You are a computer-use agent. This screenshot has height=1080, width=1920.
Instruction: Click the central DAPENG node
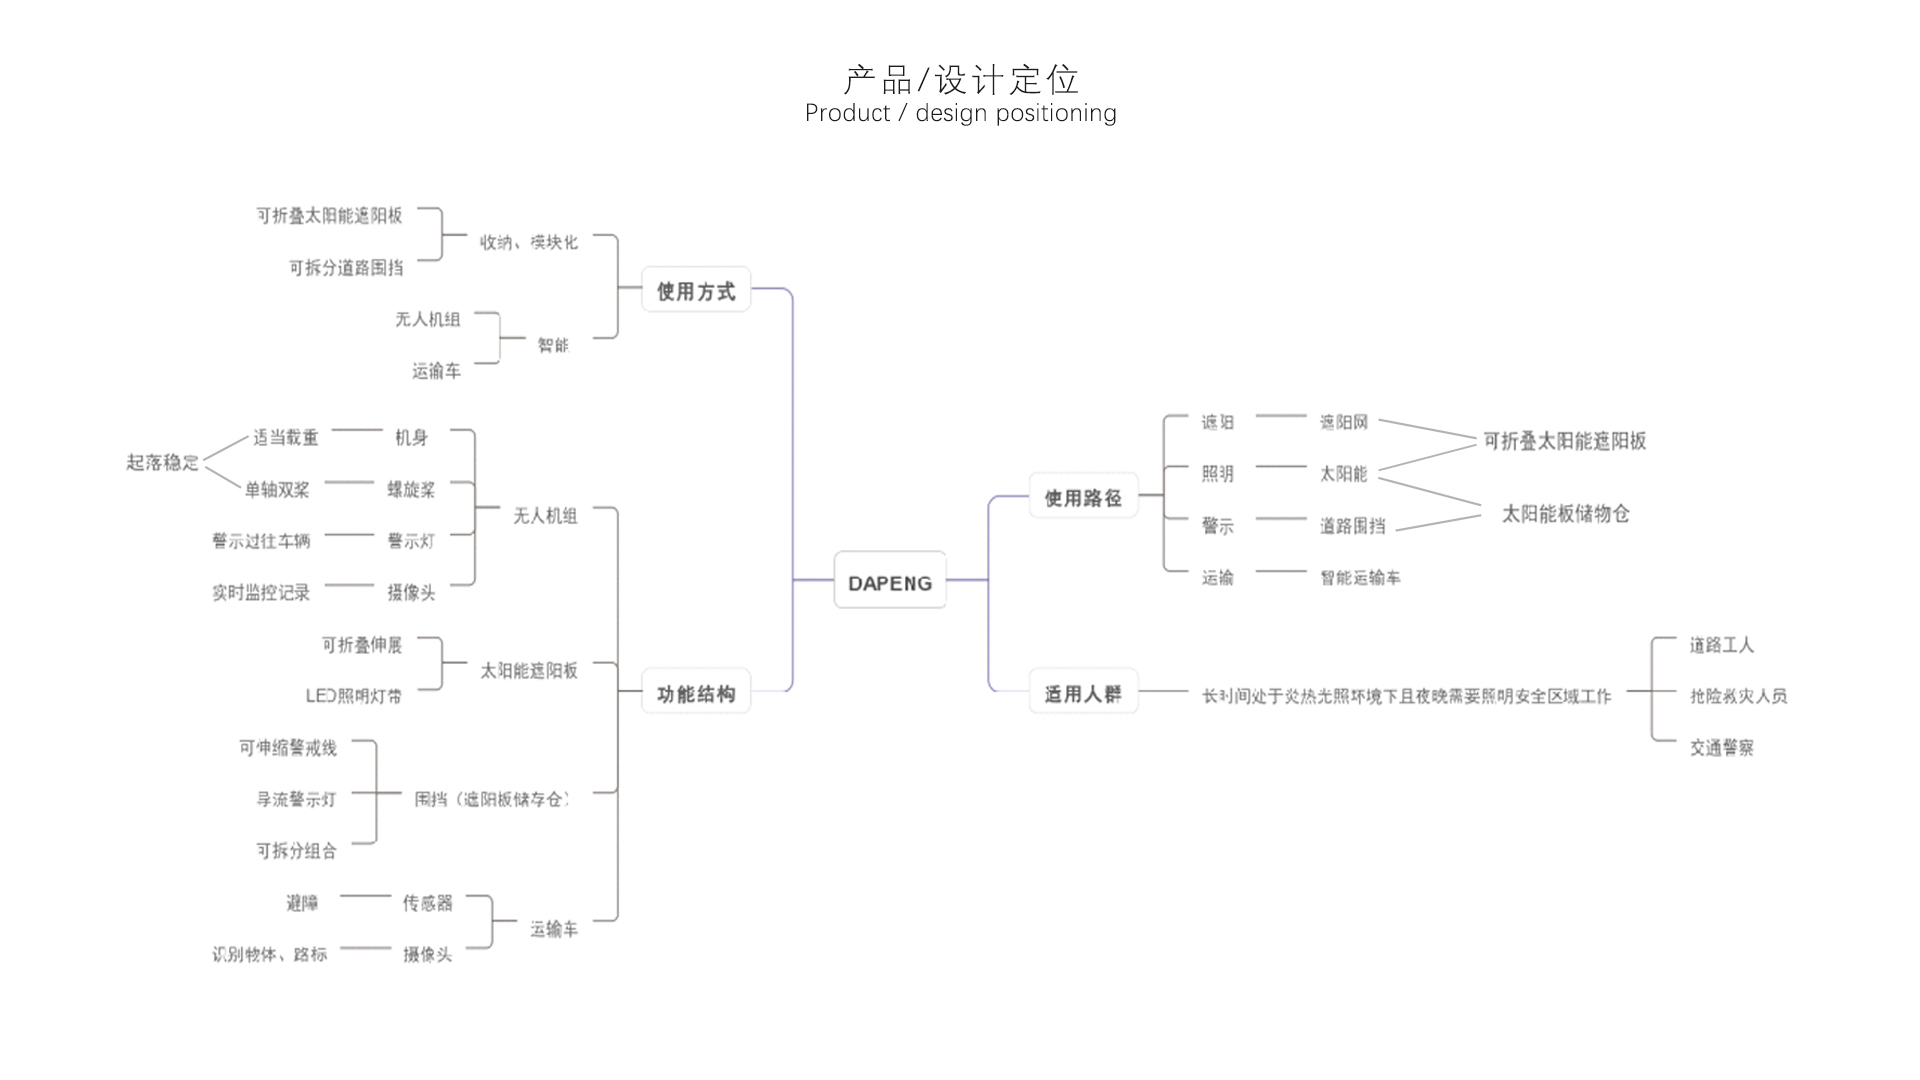(889, 581)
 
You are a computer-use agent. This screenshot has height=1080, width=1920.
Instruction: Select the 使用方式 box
(695, 291)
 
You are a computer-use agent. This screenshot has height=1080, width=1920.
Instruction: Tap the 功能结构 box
(695, 693)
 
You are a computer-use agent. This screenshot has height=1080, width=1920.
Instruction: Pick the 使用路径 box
(1083, 497)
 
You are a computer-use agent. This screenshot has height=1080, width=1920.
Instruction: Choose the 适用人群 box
(1083, 693)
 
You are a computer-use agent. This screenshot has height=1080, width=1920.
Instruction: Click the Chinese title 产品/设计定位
(961, 79)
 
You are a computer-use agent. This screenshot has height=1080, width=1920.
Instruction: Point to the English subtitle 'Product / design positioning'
(961, 114)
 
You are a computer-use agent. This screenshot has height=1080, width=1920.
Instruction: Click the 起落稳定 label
(162, 462)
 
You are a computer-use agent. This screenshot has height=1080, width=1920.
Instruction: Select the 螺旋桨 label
(411, 489)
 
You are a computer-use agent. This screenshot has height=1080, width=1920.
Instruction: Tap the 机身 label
(411, 437)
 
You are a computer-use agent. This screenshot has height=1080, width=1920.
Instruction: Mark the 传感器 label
(427, 903)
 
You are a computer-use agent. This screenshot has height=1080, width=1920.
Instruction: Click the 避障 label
(302, 903)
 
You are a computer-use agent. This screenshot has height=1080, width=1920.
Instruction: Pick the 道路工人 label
(1721, 645)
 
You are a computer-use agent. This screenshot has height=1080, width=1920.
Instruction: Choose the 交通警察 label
(1721, 748)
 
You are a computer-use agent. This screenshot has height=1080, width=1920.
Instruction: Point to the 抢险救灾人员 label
(1737, 696)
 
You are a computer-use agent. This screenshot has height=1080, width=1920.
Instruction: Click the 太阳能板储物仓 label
(1565, 514)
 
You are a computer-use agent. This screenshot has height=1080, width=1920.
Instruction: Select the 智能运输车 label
(1359, 578)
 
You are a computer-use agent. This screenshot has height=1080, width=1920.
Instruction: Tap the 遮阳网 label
(1343, 422)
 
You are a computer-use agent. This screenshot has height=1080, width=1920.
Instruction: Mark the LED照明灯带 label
(353, 696)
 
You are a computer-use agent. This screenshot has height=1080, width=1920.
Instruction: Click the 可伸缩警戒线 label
(287, 748)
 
